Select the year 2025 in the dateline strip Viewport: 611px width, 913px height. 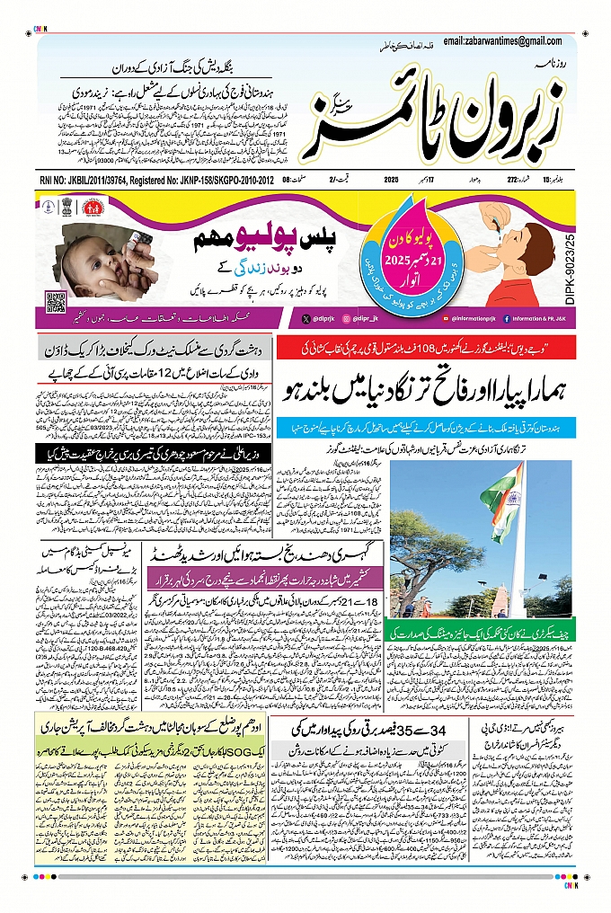[391, 180]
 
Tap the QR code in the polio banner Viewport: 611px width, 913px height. [56, 300]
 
